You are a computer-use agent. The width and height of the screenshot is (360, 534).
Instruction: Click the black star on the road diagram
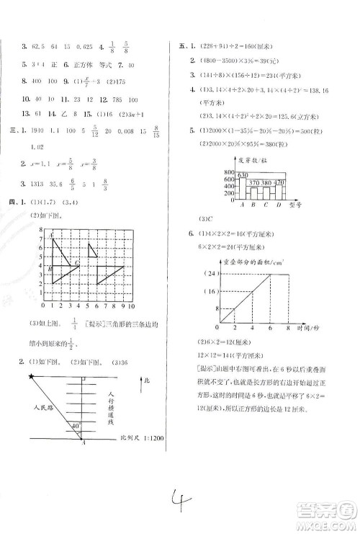(31, 376)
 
